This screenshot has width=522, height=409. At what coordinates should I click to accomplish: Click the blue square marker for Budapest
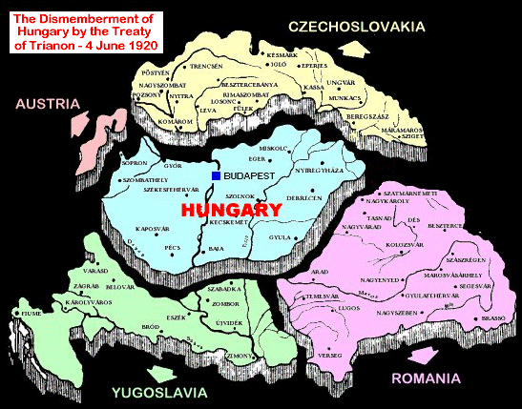(x=217, y=176)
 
